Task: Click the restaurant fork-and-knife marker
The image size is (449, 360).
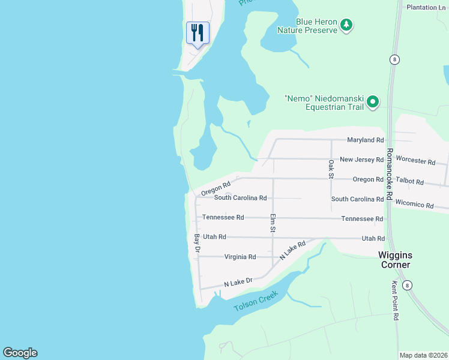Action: tap(197, 32)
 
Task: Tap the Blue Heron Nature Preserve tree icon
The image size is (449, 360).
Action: tap(346, 25)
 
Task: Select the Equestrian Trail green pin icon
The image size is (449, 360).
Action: tap(373, 101)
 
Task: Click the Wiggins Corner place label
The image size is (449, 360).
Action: tap(394, 259)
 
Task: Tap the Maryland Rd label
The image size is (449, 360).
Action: tap(365, 140)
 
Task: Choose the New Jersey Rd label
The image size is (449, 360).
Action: tap(361, 160)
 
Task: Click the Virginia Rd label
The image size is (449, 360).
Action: tap(240, 257)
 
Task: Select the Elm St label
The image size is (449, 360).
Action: tap(273, 223)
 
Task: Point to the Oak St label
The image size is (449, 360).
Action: tap(331, 169)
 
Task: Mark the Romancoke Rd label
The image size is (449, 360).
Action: tap(389, 174)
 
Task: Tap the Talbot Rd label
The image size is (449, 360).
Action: tap(412, 182)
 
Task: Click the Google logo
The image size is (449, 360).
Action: tap(20, 353)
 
